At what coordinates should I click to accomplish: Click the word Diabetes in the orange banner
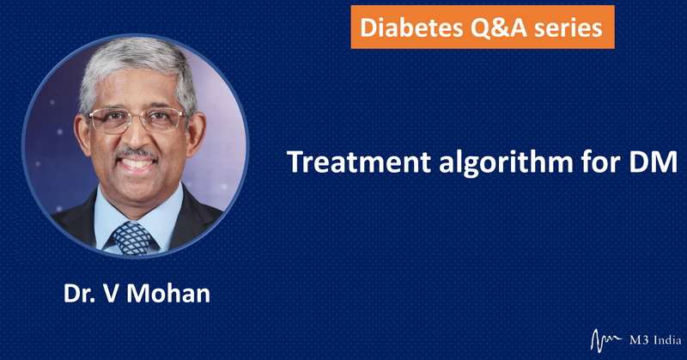(411, 27)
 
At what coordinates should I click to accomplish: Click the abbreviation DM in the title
(654, 162)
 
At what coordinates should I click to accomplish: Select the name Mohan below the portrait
(168, 293)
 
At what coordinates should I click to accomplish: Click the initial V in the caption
(111, 293)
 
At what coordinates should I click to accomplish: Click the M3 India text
(655, 340)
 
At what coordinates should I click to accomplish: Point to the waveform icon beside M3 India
(606, 340)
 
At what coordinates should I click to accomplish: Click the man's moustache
(137, 153)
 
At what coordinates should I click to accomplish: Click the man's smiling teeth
(137, 164)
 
